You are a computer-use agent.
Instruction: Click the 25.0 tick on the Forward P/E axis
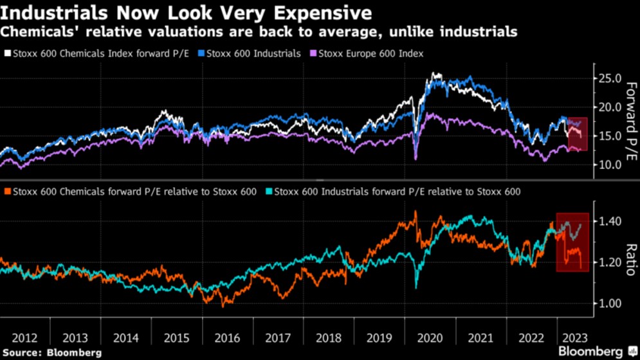[609, 79]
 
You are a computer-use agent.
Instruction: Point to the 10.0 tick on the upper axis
[609, 165]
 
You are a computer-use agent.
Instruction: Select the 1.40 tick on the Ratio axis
[610, 221]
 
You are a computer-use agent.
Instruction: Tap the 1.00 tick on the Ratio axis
[610, 303]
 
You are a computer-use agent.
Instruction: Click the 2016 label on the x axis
[227, 338]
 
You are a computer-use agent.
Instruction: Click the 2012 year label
[24, 338]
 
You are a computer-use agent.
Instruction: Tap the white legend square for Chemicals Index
[7, 54]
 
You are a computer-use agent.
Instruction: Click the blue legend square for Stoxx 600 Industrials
[201, 54]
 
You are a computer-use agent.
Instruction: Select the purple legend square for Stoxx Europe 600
[313, 54]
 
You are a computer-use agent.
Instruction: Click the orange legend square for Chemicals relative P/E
[7, 192]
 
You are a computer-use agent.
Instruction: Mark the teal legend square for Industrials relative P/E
[269, 192]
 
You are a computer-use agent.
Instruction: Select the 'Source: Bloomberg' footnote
[51, 353]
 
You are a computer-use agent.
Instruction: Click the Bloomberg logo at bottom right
[598, 352]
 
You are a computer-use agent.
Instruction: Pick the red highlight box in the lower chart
[572, 242]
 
